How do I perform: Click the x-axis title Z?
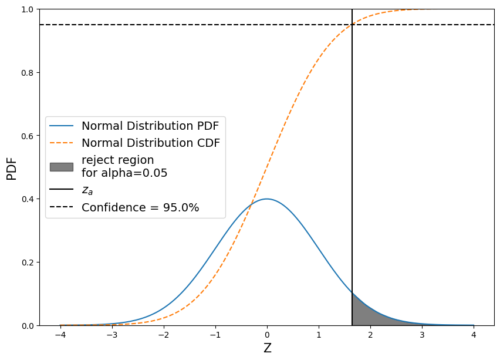click(267, 348)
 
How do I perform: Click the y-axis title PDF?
click(12, 167)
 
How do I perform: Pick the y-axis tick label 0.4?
click(27, 199)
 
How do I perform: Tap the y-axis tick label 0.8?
click(27, 73)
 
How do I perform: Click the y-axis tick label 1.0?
click(27, 9)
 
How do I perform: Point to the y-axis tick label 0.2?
click(27, 263)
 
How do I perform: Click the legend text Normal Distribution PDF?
click(151, 126)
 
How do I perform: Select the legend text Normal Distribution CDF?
click(151, 143)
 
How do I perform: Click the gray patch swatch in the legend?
click(62, 167)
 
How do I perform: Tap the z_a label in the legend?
click(88, 190)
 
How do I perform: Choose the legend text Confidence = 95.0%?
click(140, 207)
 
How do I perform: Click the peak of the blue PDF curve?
click(267, 199)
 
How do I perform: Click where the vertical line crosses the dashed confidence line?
click(352, 25)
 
